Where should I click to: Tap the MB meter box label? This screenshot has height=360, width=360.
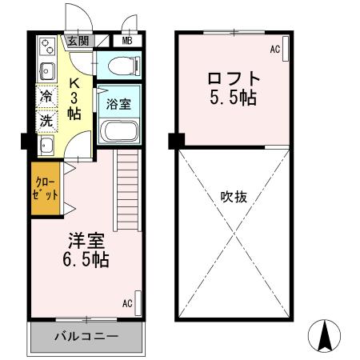tap(127, 41)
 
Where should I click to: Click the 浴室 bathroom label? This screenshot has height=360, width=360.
tap(118, 102)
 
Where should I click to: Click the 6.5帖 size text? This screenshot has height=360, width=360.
tap(88, 260)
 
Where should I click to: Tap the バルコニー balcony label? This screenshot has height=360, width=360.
tap(86, 337)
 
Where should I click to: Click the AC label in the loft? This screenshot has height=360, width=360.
tap(274, 50)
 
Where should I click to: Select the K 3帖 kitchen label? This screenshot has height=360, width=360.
tap(74, 97)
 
